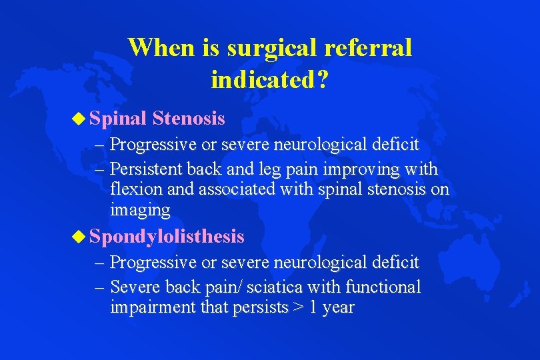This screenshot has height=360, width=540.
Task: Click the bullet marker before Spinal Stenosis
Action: coord(80,119)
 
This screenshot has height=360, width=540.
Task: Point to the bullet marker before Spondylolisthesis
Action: coord(80,236)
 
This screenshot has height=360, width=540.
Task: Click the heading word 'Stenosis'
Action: coord(188,119)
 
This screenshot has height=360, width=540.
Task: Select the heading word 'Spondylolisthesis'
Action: coord(167,236)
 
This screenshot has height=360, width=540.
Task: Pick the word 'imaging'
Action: coord(140,211)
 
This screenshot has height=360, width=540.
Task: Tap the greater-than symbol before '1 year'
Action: coord(296,308)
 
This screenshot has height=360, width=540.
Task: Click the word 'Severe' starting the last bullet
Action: coord(132,287)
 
